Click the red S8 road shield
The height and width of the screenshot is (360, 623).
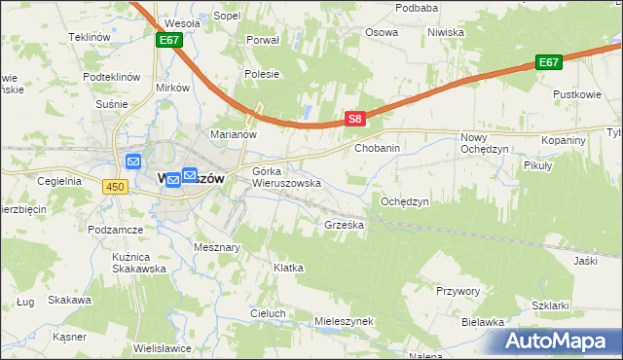click(x=355, y=120)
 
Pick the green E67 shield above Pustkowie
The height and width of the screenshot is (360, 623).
click(x=549, y=62)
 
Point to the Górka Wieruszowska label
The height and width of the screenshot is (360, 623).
click(x=286, y=177)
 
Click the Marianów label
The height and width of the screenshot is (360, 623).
click(x=234, y=134)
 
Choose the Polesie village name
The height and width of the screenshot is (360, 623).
click(x=262, y=74)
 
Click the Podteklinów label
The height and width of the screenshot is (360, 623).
click(x=112, y=77)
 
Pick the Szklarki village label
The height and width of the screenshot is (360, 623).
click(x=551, y=305)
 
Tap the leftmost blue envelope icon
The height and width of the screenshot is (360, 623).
click(x=133, y=162)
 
